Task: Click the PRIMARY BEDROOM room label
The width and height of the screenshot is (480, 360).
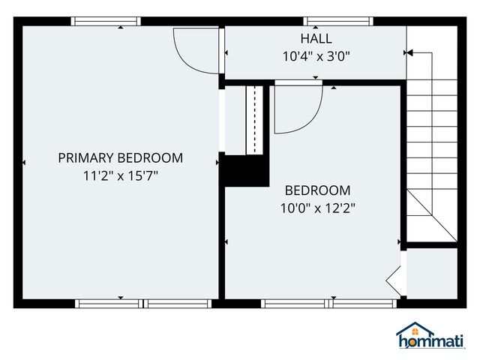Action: [x=120, y=157]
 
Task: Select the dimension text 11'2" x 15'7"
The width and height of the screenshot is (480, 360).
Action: [x=120, y=175]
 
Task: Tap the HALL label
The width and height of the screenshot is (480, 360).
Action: [x=316, y=38]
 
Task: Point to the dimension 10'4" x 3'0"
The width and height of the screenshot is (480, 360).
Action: [x=316, y=55]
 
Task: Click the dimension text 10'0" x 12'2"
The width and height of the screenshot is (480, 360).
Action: [x=317, y=208]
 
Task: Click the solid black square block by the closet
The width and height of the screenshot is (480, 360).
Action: [x=247, y=170]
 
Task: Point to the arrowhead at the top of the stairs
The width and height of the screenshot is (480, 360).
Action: [x=409, y=53]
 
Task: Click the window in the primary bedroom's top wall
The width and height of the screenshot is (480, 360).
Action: [x=106, y=22]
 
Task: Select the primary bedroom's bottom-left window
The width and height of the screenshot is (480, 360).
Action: [x=108, y=304]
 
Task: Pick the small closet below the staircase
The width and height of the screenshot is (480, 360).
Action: [x=431, y=273]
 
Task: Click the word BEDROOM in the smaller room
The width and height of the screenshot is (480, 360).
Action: [x=317, y=190]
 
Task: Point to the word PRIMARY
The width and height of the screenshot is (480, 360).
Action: [x=85, y=157]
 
